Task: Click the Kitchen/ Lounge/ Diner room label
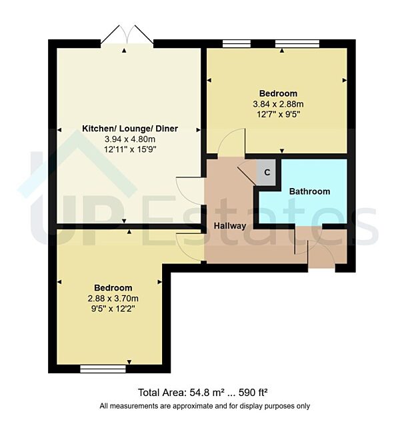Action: tap(130, 128)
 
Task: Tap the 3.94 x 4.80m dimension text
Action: tap(130, 139)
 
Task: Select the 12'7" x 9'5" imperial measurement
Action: tap(279, 114)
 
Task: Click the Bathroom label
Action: tap(309, 191)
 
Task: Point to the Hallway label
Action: tap(229, 226)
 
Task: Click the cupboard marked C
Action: tap(267, 173)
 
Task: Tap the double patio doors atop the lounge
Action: tap(127, 35)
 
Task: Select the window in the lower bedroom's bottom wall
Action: tap(103, 368)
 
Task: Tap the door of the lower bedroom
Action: tap(187, 247)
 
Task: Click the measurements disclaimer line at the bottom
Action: tap(205, 406)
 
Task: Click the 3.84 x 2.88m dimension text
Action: tap(279, 104)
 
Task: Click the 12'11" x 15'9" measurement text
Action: tap(130, 149)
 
